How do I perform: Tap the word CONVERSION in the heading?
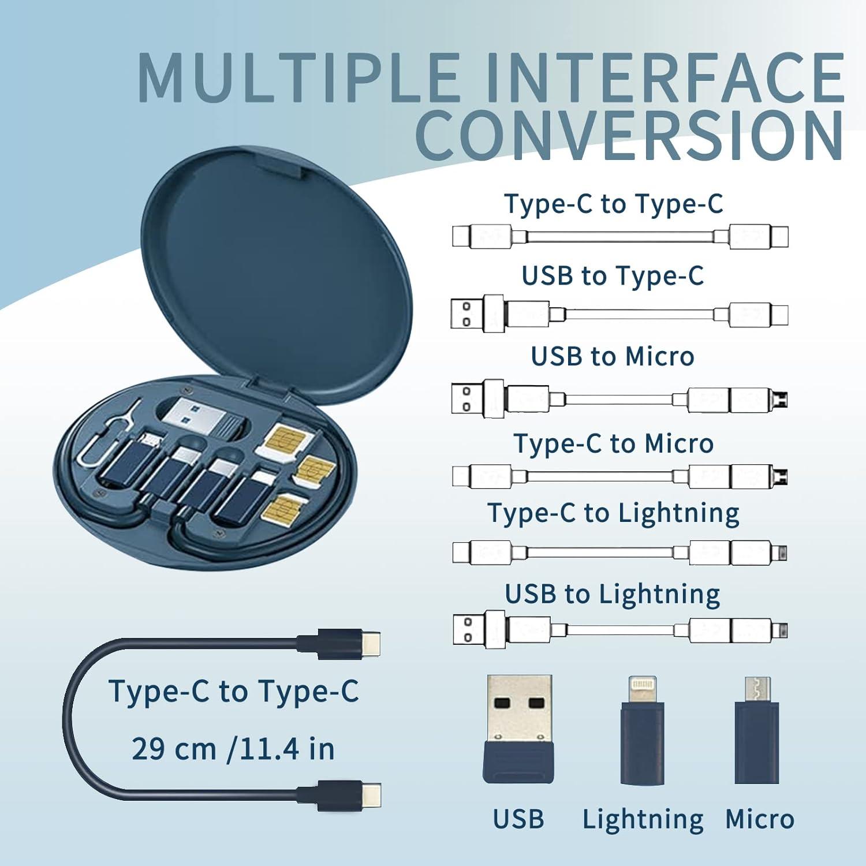click(x=629, y=137)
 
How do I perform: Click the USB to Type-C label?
click(x=613, y=276)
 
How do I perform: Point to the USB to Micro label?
click(x=613, y=357)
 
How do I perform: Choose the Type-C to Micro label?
click(x=614, y=444)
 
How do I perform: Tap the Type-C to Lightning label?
click(x=614, y=513)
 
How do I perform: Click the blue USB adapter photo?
click(x=519, y=729)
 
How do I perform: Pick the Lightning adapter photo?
click(x=643, y=731)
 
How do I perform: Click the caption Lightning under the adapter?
click(x=643, y=819)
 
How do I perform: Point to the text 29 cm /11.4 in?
click(x=233, y=749)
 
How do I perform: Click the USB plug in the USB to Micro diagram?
click(x=469, y=399)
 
